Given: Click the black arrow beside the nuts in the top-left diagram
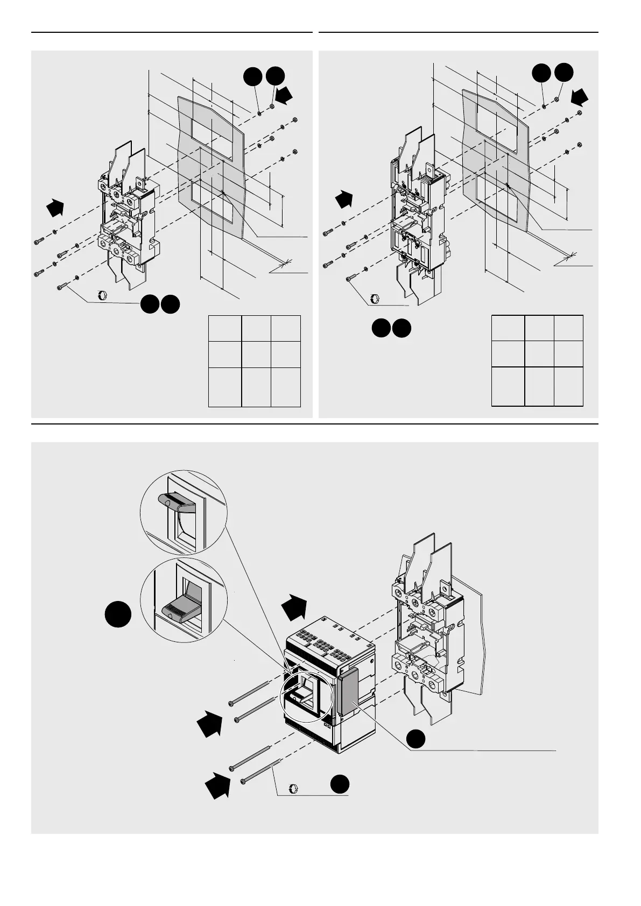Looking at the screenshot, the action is click(286, 96).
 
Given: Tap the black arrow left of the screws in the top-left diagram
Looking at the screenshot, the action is click(54, 207).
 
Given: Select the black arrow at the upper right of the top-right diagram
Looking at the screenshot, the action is click(580, 97).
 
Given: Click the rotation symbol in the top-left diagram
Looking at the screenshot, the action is click(100, 294).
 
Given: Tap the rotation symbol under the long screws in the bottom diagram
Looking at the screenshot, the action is click(293, 788).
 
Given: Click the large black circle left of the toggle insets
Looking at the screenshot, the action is click(118, 614).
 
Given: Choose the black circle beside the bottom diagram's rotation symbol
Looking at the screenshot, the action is click(340, 784).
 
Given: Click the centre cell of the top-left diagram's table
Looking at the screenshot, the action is click(256, 354).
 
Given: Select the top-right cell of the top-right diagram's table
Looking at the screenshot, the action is click(568, 328).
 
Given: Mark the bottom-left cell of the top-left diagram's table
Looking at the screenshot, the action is click(225, 387).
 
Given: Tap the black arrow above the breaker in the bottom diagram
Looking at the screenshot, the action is click(294, 606).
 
